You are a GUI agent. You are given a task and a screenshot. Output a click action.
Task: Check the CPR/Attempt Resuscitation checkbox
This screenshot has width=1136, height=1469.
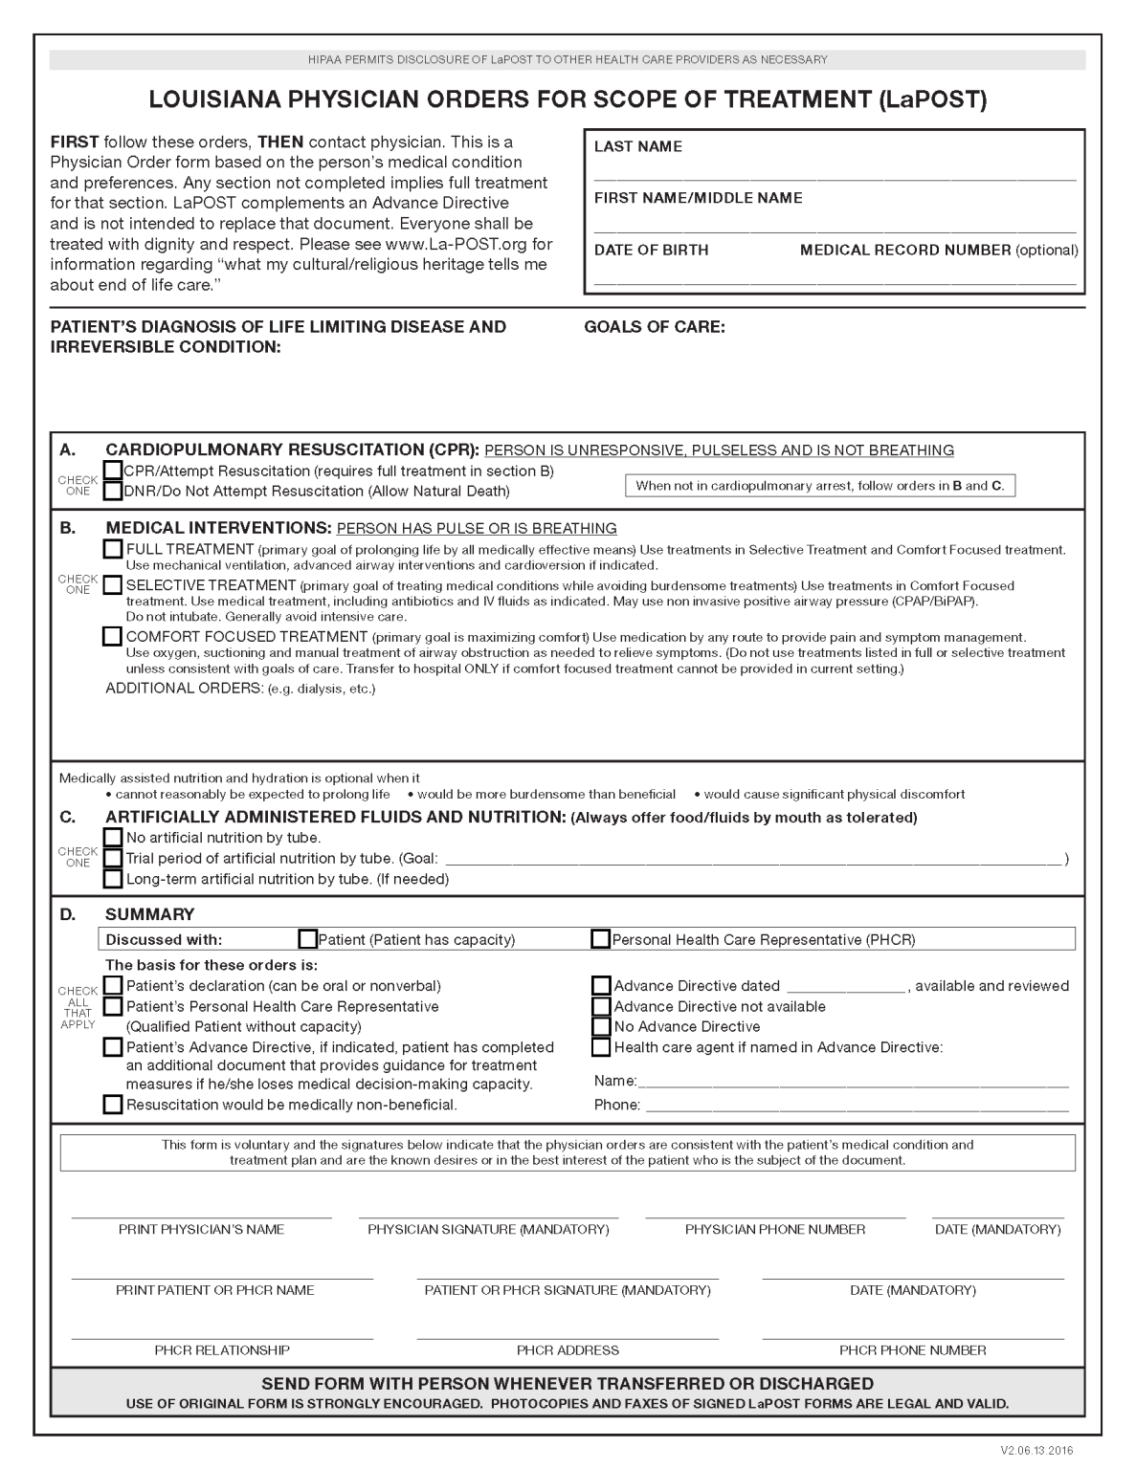113,471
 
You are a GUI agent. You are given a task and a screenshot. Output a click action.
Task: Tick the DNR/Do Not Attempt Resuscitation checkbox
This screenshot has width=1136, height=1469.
113,492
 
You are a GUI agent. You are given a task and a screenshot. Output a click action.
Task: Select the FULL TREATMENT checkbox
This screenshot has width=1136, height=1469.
113,549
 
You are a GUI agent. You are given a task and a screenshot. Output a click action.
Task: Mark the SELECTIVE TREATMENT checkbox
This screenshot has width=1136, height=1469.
113,585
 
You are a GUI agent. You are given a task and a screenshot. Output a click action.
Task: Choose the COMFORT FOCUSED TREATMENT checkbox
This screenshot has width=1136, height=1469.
113,637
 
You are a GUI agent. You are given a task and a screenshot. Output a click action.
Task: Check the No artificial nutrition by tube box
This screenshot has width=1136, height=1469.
113,838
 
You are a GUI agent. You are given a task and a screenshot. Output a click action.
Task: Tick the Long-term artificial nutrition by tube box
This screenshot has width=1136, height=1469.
113,879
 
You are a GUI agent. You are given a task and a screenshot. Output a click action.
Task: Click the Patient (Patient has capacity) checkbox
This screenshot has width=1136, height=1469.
308,939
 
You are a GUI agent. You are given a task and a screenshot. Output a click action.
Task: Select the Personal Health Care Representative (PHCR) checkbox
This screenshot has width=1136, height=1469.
600,939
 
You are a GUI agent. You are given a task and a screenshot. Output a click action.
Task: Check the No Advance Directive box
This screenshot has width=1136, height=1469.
601,1027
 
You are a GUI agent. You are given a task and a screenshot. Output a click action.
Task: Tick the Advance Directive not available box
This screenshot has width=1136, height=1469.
601,1006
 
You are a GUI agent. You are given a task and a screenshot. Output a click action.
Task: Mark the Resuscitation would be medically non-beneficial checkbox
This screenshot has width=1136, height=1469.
113,1105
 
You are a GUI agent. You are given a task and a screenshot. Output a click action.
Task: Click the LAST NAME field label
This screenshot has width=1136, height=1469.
637,147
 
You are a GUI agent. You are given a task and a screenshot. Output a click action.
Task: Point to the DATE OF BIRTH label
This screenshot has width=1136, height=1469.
651,251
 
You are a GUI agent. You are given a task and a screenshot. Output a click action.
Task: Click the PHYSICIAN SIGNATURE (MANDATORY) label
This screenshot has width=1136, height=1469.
488,1230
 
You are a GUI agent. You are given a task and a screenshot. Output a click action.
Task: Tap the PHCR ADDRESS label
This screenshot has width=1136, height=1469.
568,1350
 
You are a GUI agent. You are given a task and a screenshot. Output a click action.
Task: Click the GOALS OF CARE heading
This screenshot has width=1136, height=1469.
655,327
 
